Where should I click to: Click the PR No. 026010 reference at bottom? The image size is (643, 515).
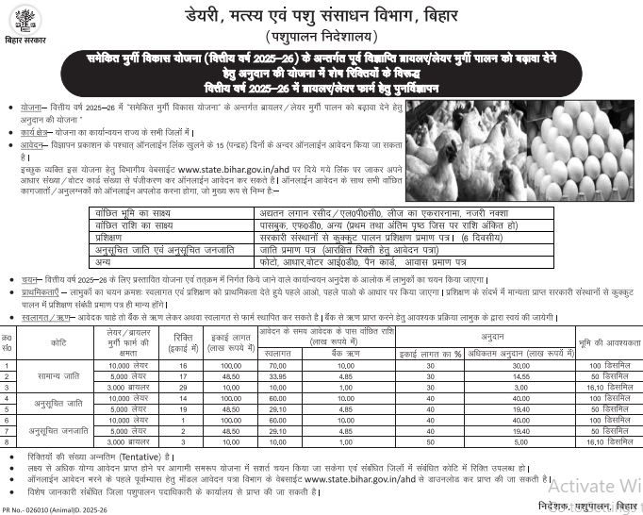[x=47, y=509]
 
